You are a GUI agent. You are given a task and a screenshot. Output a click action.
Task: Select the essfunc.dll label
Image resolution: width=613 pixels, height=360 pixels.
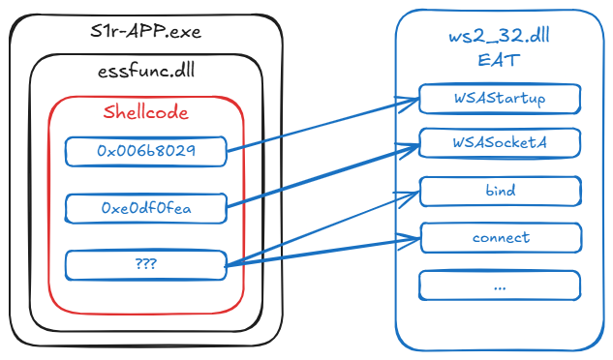click(146, 73)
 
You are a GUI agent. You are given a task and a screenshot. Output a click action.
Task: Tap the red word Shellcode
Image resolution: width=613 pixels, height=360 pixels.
click(146, 112)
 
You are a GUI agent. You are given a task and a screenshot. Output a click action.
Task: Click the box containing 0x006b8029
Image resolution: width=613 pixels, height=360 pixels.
click(145, 151)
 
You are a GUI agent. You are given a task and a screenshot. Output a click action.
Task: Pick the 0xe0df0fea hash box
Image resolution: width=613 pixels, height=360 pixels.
click(145, 207)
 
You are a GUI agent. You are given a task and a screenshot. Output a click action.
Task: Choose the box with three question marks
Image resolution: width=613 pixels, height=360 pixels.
click(145, 264)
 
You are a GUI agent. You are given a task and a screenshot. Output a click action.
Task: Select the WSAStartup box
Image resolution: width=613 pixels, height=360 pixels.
click(500, 99)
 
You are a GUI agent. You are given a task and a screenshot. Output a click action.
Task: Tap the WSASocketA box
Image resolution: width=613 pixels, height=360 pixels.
click(500, 143)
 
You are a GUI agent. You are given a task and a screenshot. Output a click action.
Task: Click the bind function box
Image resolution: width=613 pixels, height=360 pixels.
click(500, 192)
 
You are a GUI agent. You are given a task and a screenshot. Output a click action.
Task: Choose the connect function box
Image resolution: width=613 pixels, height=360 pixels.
click(500, 237)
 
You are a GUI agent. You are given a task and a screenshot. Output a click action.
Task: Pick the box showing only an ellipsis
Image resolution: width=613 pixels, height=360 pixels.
click(500, 285)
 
